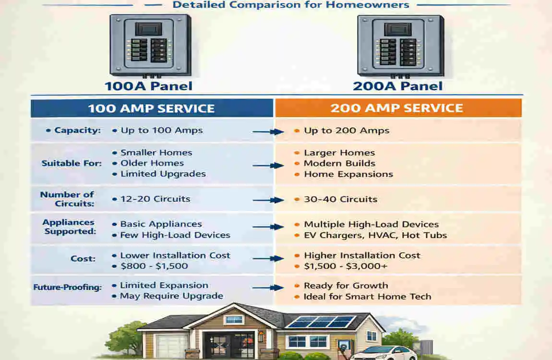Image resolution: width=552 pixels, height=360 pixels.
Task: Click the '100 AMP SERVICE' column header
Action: [152, 108]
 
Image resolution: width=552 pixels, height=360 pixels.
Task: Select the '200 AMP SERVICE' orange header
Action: [397, 108]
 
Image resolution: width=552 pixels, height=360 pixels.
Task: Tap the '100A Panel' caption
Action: [148, 86]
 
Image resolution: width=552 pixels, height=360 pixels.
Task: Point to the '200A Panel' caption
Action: [397, 86]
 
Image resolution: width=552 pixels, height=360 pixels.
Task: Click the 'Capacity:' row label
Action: [77, 131]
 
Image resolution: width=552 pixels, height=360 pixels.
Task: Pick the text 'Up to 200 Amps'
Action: [346, 131]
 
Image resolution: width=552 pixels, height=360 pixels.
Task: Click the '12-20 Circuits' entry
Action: [155, 199]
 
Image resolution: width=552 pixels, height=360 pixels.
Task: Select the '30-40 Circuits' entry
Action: [340, 199]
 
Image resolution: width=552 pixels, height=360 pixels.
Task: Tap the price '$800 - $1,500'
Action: [154, 266]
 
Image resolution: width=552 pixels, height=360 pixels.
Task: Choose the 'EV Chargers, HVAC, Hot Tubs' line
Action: [375, 235]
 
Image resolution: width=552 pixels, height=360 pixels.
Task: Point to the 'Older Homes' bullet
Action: [152, 163]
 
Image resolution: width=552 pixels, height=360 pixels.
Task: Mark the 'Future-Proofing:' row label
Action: [67, 288]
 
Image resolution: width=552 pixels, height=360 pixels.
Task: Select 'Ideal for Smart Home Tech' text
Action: [367, 297]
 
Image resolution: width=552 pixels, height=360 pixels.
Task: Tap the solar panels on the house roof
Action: [321, 321]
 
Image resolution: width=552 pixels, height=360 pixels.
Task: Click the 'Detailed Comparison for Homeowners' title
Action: [290, 5]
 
